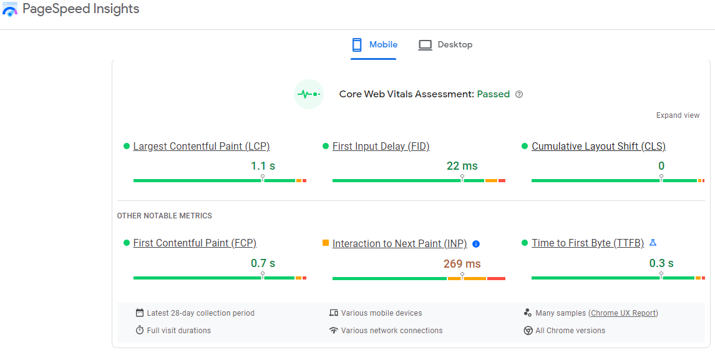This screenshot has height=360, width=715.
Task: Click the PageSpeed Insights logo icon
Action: click(10, 9)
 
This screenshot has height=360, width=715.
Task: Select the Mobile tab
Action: click(374, 45)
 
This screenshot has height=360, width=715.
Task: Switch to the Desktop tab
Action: click(445, 45)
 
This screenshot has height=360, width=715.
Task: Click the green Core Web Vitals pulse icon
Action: click(309, 94)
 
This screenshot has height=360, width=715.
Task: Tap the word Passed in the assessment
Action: click(493, 94)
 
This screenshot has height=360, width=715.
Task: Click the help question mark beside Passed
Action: click(519, 95)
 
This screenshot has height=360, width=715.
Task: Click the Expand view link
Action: click(678, 115)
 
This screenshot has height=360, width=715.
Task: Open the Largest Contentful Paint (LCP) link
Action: click(202, 147)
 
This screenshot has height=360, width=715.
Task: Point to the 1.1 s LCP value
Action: click(263, 166)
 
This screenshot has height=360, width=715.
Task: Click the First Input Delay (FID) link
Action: click(381, 147)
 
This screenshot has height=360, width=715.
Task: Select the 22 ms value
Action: click(462, 166)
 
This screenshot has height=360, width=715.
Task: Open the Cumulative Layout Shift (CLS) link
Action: click(598, 147)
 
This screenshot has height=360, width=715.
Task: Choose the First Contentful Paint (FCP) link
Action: click(195, 243)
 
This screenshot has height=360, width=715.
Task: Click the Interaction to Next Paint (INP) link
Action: click(399, 244)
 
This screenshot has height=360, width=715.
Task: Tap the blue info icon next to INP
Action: click(476, 244)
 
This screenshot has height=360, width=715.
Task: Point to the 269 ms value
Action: click(462, 264)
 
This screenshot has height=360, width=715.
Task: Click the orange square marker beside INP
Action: click(326, 243)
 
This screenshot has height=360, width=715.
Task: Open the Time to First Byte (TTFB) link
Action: click(587, 243)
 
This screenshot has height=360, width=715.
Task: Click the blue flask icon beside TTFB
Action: click(653, 243)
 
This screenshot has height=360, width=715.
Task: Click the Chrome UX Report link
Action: click(624, 313)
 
